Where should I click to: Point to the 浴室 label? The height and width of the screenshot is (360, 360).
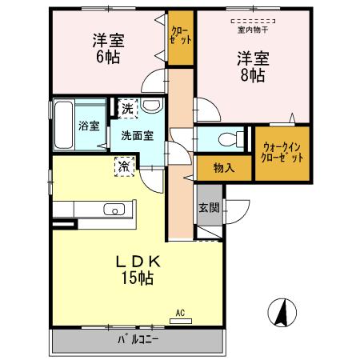click(x=89, y=126)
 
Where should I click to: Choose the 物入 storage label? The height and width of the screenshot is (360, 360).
click(x=224, y=167)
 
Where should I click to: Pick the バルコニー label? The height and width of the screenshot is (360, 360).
click(x=138, y=339)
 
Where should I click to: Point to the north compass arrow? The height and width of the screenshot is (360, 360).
click(x=281, y=311)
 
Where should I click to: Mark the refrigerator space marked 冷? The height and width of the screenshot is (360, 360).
click(x=125, y=166)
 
